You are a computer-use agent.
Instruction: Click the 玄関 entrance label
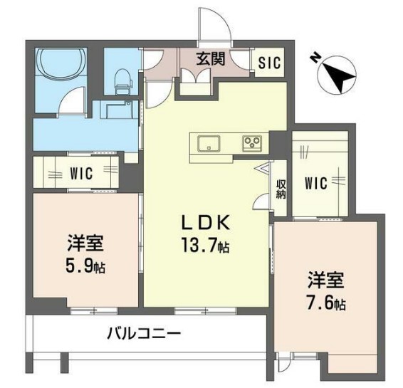click(x=211, y=58)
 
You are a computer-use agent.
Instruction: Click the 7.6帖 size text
click(x=327, y=303)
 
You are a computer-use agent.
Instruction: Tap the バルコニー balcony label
click(x=145, y=332)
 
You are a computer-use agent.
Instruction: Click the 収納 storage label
click(x=280, y=188)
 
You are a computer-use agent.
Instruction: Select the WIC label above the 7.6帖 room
click(x=315, y=184)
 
